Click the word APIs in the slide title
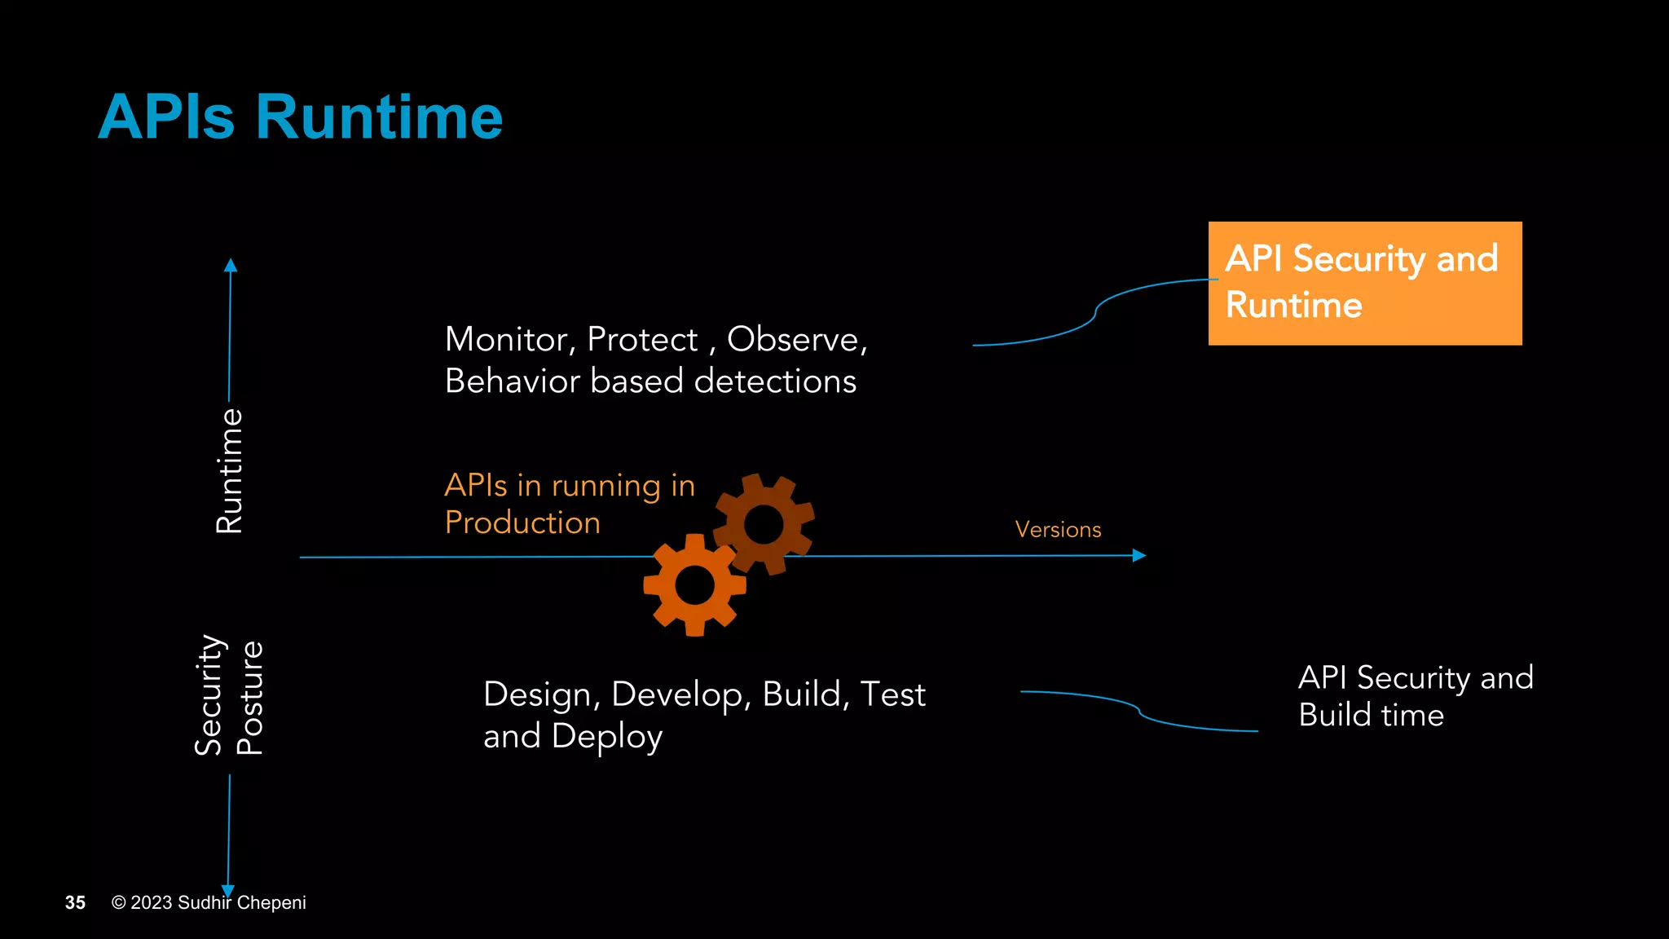tap(166, 117)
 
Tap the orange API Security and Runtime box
tap(1364, 283)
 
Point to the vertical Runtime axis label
tap(229, 471)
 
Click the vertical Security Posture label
tap(229, 697)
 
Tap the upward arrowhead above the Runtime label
tap(231, 266)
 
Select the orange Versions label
tap(1058, 530)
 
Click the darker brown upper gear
tap(764, 523)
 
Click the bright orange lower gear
tap(694, 584)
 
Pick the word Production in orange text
tap(522, 522)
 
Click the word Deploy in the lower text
tap(606, 737)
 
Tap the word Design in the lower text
tap(537, 694)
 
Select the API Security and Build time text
tap(1415, 696)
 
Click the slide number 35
tap(75, 902)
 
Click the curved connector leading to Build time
tap(1138, 710)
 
